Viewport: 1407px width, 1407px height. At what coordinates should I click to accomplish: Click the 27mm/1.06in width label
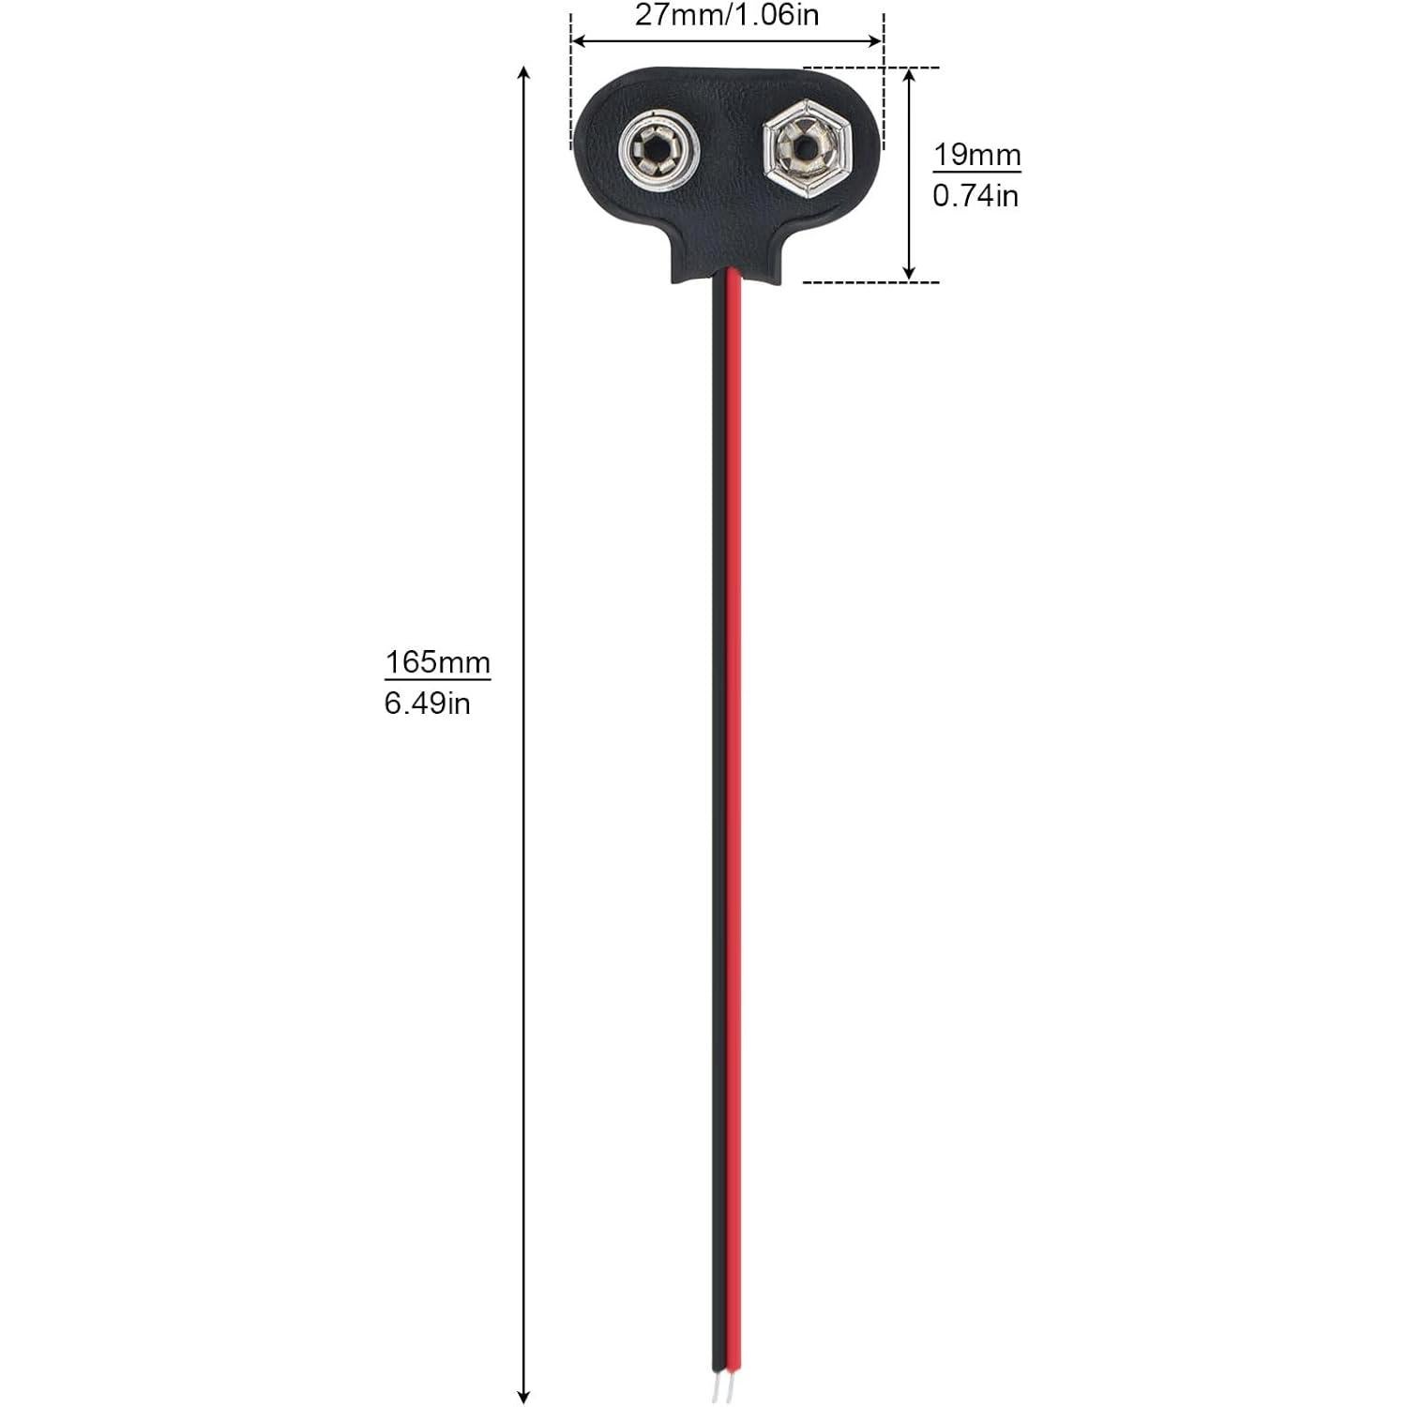click(x=727, y=16)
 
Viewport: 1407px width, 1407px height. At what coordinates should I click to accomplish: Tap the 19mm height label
click(x=976, y=154)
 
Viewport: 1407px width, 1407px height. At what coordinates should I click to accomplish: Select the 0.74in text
click(x=976, y=195)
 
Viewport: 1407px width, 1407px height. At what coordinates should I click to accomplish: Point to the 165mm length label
click(x=437, y=661)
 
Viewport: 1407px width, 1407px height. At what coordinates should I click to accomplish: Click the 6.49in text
click(x=427, y=703)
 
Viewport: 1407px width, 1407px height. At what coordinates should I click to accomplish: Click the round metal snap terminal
click(x=658, y=151)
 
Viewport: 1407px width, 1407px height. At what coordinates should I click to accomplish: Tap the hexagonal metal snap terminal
click(x=805, y=149)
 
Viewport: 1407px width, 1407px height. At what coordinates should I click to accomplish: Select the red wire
click(x=734, y=750)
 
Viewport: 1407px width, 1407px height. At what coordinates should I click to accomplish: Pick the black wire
click(x=719, y=750)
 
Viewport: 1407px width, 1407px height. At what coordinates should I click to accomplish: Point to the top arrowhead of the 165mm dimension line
click(x=524, y=73)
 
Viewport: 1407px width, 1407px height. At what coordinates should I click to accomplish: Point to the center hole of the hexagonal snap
click(x=803, y=148)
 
